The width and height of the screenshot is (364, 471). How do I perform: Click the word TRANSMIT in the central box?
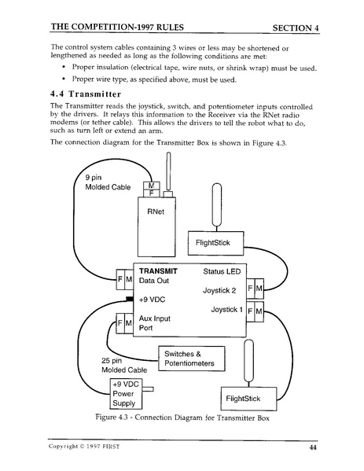[158, 270]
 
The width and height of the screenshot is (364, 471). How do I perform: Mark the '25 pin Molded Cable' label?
[122, 366]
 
